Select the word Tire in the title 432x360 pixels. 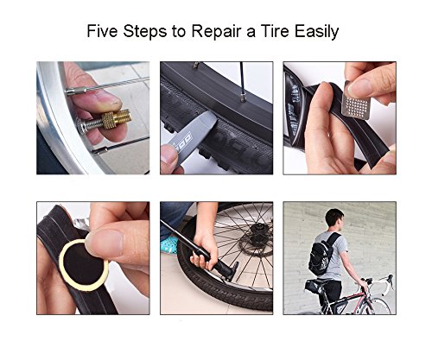(275, 31)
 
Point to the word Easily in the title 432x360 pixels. (317, 32)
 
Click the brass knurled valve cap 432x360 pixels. (116, 119)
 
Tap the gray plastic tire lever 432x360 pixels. (189, 129)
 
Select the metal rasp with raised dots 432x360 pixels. (356, 102)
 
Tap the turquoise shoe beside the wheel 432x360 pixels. (170, 245)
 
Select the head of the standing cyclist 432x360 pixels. (334, 220)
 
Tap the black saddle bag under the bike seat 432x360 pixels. (313, 286)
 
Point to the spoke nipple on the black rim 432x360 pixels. (244, 97)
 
